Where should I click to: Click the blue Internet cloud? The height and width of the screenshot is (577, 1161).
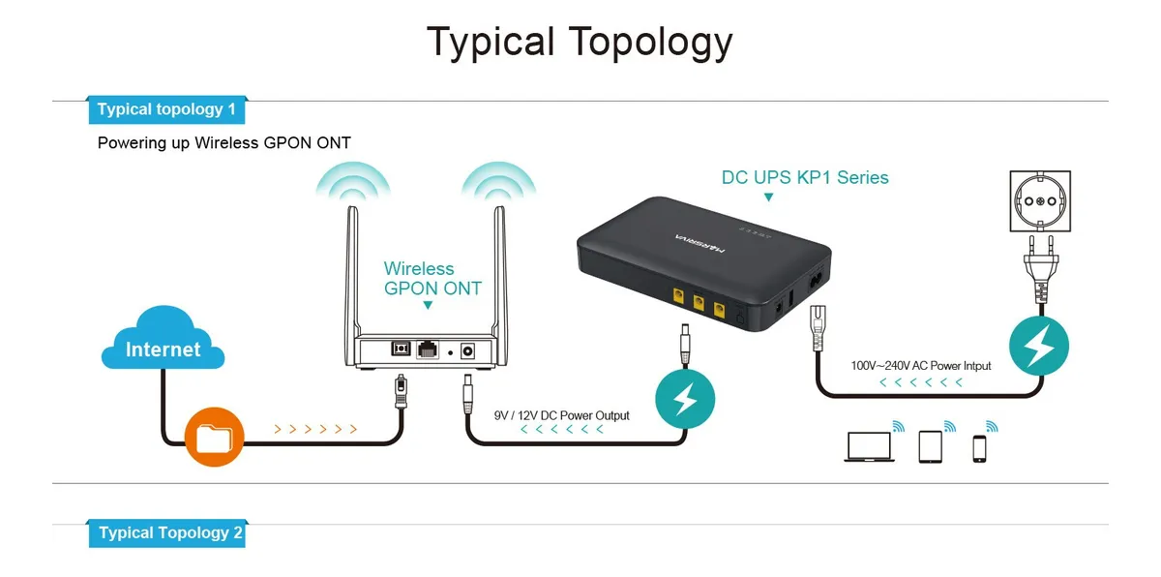pyautogui.click(x=163, y=341)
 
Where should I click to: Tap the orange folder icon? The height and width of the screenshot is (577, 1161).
pyautogui.click(x=213, y=437)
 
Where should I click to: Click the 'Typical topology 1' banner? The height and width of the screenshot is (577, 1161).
pyautogui.click(x=166, y=109)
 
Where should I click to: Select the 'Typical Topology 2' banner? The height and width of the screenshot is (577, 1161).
pyautogui.click(x=166, y=532)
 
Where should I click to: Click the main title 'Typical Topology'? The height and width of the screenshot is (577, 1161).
pyautogui.click(x=580, y=43)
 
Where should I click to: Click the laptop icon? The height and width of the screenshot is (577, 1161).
pyautogui.click(x=868, y=447)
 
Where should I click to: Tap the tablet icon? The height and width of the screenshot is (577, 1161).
pyautogui.click(x=930, y=446)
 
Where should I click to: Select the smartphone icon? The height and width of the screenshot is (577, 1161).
pyautogui.click(x=979, y=448)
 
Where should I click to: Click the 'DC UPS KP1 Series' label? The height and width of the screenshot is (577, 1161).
pyautogui.click(x=805, y=178)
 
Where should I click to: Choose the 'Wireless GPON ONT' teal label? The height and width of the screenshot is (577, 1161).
pyautogui.click(x=432, y=279)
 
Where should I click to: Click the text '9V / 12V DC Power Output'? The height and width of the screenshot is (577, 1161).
pyautogui.click(x=561, y=415)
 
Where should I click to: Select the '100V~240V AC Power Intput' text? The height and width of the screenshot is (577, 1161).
pyautogui.click(x=921, y=366)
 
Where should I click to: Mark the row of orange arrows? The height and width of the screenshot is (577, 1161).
pyautogui.click(x=316, y=428)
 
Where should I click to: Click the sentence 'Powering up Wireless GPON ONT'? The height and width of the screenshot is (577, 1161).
pyautogui.click(x=224, y=143)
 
